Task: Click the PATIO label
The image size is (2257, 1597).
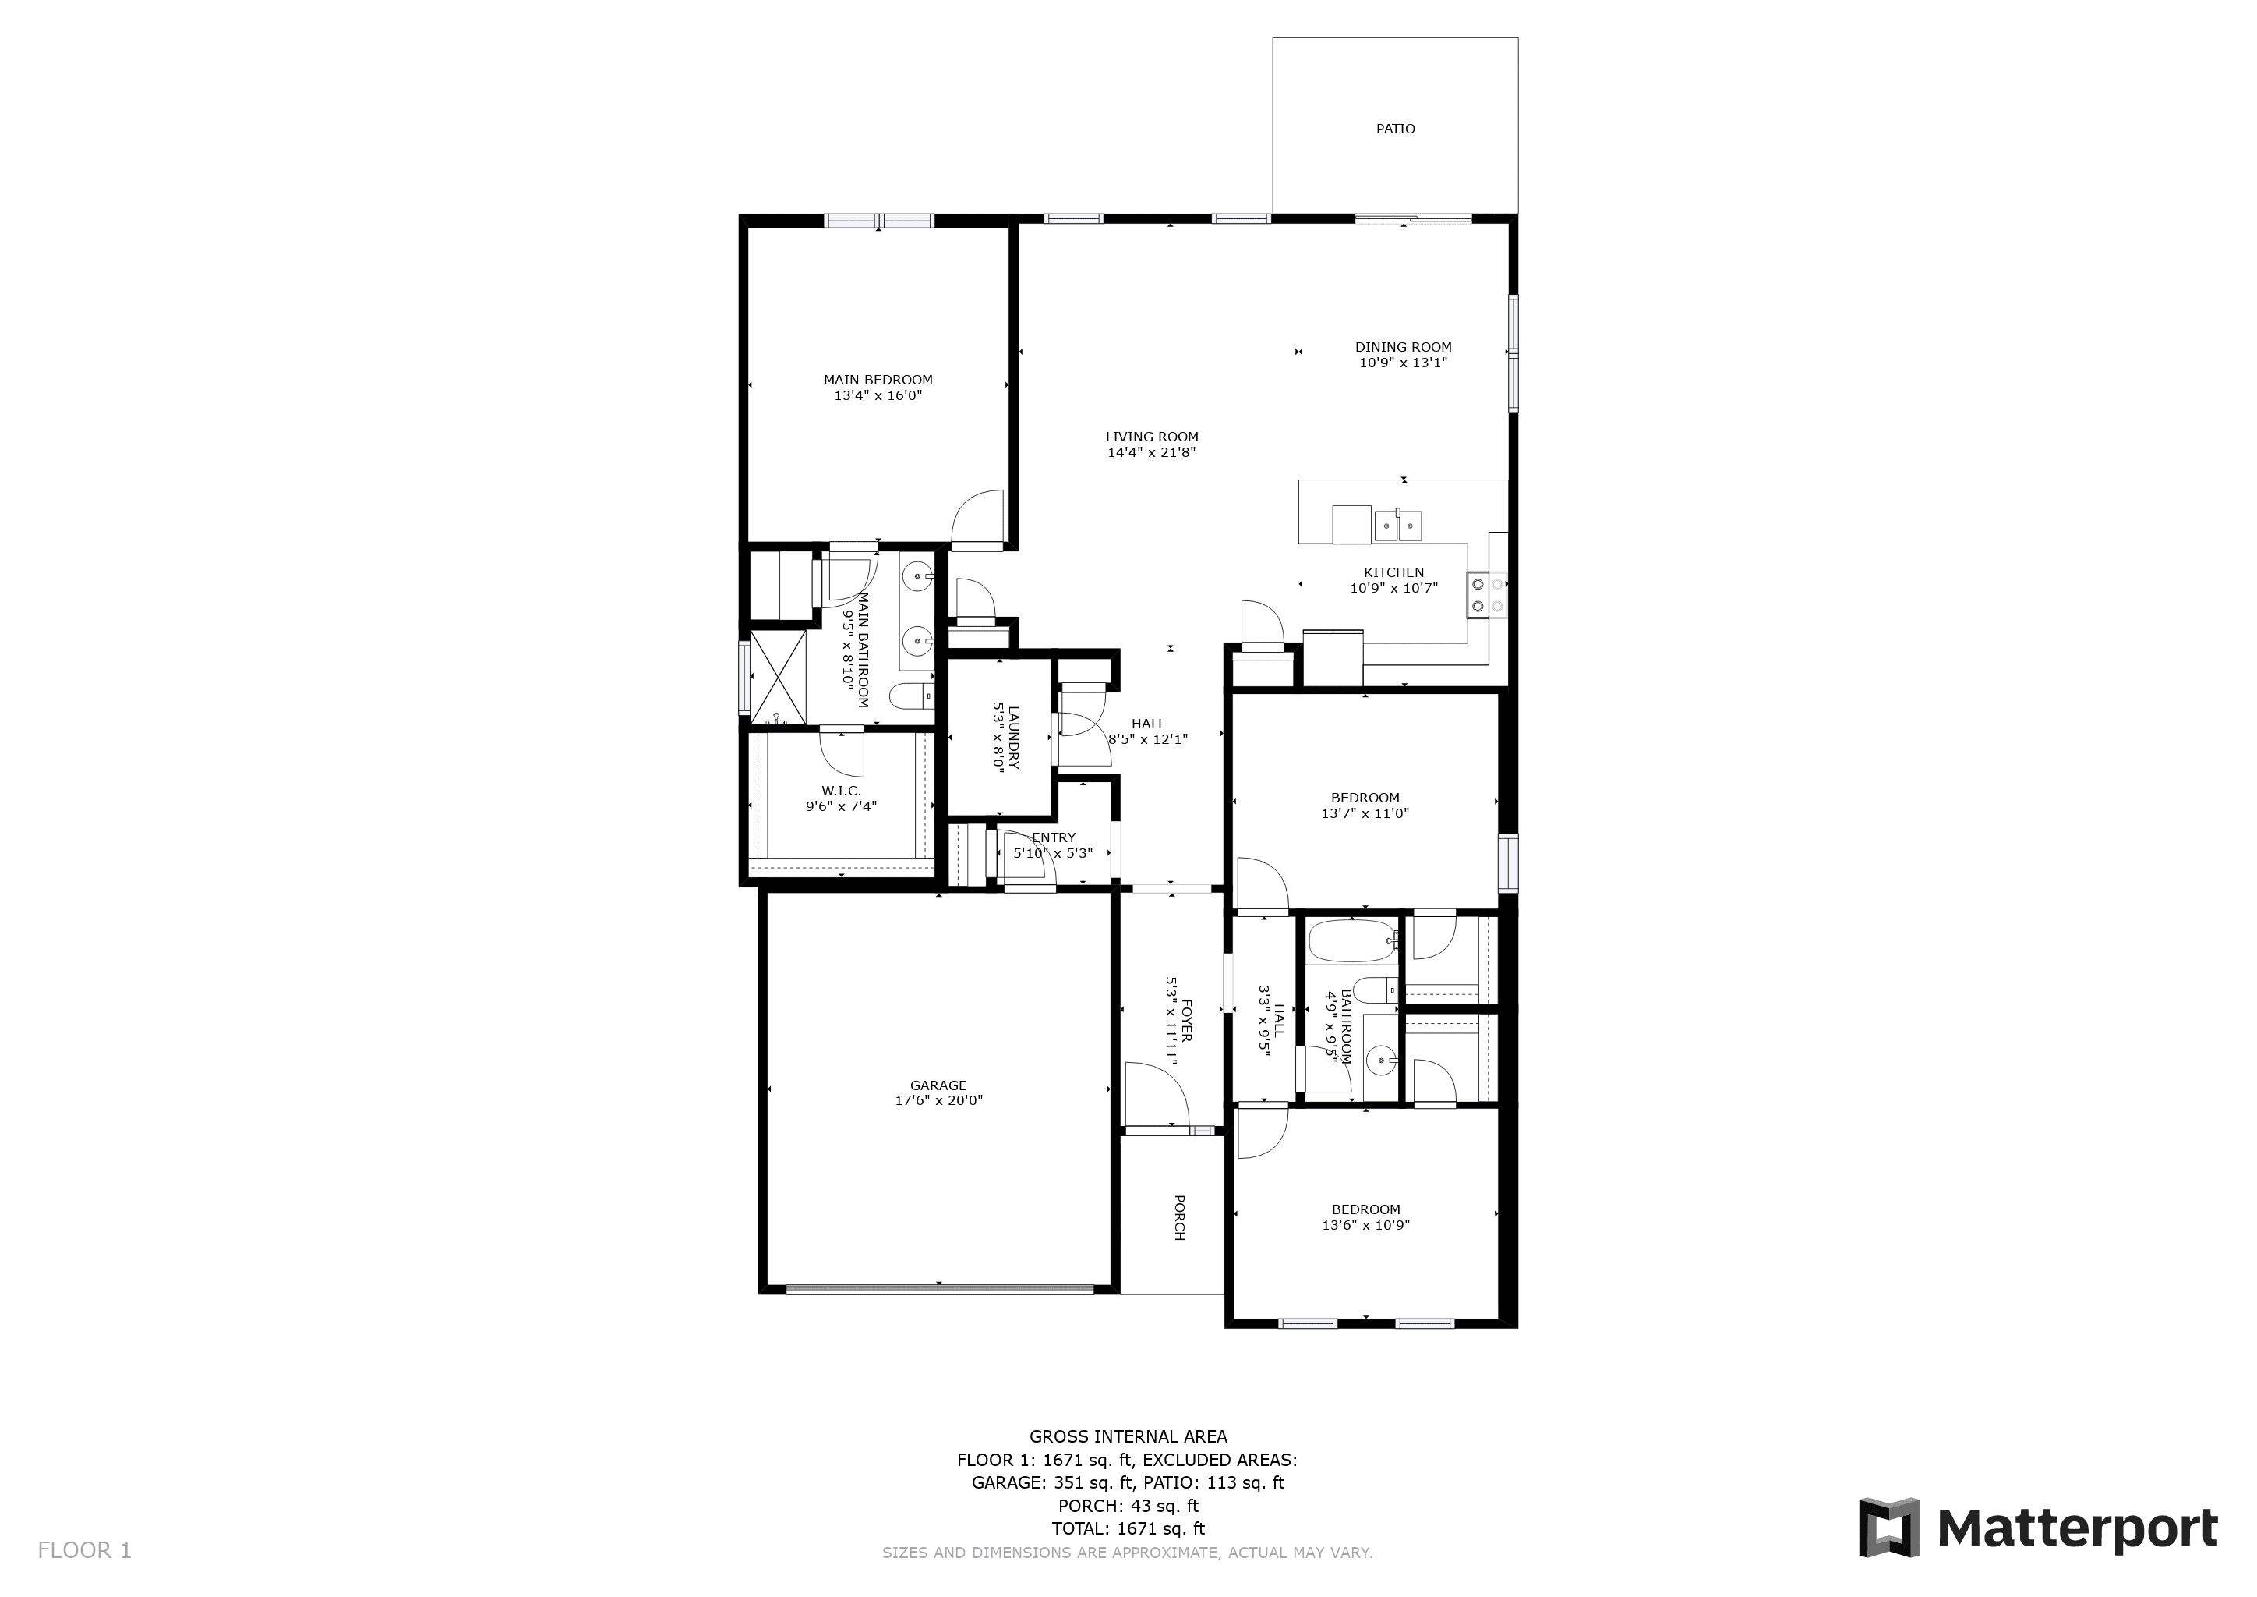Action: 1395,129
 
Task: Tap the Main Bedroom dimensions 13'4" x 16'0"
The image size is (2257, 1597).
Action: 878,396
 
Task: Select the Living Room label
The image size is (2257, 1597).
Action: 1151,437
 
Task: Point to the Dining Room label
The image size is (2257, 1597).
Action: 1403,347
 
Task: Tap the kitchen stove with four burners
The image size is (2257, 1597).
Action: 1487,595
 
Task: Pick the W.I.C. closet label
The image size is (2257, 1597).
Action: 840,791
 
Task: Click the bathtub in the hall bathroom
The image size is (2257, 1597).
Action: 1351,940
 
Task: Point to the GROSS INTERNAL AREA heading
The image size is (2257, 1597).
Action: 1128,1436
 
